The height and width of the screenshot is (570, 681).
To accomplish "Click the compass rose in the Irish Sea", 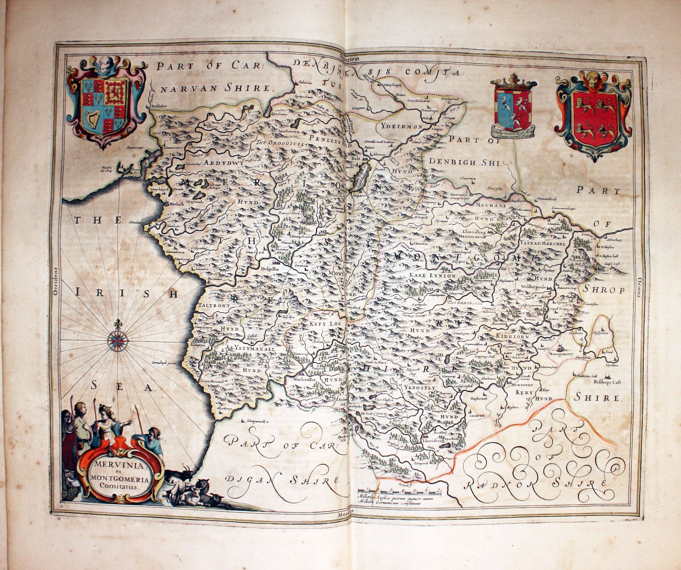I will coord(118,340).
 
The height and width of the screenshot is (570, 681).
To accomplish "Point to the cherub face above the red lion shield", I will coord(593,81).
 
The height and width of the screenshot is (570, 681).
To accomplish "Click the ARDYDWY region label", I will coord(223,164).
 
